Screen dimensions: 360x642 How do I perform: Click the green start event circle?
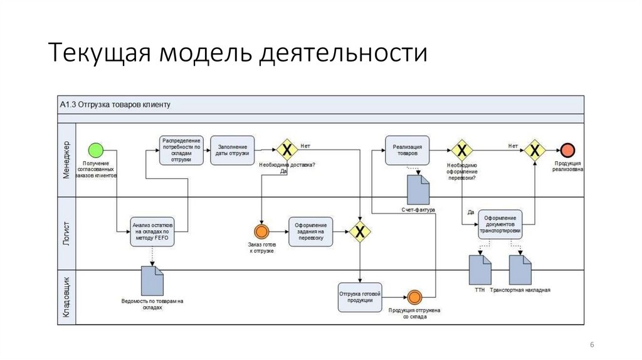[x=95, y=150]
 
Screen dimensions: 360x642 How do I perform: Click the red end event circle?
[x=567, y=150]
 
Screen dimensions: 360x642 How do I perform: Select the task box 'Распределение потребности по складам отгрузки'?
[x=182, y=150]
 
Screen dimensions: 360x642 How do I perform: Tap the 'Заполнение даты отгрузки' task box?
[x=233, y=150]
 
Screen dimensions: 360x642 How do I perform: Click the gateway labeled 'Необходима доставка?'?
[x=287, y=150]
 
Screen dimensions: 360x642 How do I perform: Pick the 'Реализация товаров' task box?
[x=408, y=151]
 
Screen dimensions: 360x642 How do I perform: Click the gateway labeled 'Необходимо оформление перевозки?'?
[x=461, y=150]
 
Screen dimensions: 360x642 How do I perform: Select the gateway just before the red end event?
[x=535, y=150]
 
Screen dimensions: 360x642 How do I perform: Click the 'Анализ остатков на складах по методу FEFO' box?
[x=152, y=231]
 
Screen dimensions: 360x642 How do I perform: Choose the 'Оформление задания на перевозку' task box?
[x=311, y=231]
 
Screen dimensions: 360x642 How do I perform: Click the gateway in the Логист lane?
[x=360, y=231]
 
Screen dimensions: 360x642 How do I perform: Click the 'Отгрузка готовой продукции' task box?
[x=360, y=297]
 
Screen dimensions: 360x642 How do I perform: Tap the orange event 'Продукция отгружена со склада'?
[x=414, y=297]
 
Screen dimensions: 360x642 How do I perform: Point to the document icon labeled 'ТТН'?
[x=480, y=270]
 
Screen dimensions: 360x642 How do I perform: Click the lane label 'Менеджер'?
[x=66, y=160]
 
